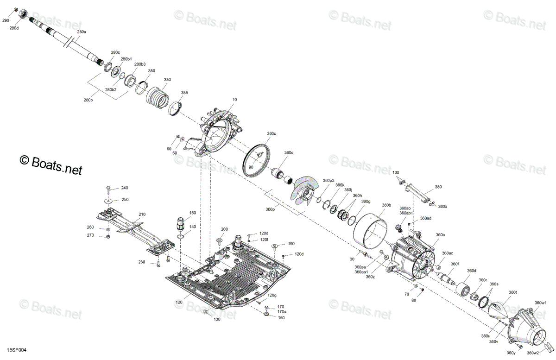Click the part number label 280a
click(82, 32)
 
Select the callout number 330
click(167, 79)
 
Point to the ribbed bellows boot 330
click(158, 98)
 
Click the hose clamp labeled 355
click(176, 108)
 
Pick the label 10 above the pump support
click(234, 100)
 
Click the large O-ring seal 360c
click(257, 160)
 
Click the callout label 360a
click(440, 234)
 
